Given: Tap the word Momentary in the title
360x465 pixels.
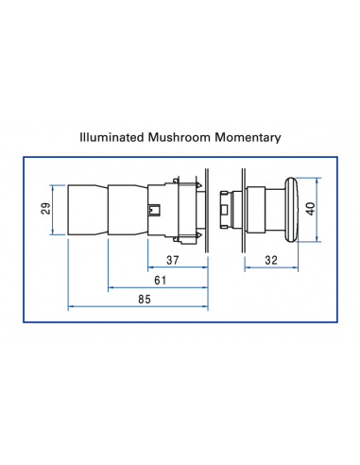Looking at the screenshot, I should click(249, 137).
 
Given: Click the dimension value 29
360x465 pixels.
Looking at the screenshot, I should click(44, 208).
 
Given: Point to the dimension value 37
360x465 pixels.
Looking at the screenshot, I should click(174, 259).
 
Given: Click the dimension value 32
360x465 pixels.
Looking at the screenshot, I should click(272, 259).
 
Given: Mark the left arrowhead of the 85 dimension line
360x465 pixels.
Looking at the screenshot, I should click(71, 306).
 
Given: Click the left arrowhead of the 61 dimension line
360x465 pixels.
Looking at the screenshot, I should click(111, 286).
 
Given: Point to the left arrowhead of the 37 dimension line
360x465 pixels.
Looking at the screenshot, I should click(150, 267).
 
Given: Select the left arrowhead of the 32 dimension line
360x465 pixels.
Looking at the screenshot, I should click(248, 267).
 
